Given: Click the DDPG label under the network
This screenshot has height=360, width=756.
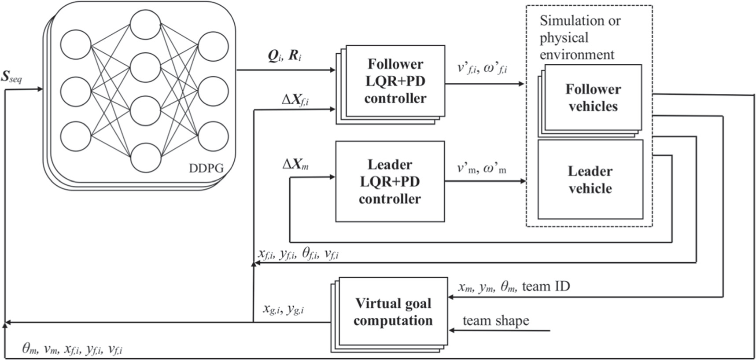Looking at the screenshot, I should click(206, 168).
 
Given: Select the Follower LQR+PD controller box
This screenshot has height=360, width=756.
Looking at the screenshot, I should click(395, 81).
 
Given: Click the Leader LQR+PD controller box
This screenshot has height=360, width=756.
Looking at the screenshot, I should click(390, 181).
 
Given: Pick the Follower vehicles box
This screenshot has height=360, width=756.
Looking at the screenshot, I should click(593, 98).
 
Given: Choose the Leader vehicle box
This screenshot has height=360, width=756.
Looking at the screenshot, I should click(590, 180).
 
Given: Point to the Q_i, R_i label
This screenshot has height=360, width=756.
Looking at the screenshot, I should click(285, 56).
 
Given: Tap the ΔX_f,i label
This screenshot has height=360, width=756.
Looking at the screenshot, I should click(295, 100).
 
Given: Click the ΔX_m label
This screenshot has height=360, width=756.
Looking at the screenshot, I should click(295, 165).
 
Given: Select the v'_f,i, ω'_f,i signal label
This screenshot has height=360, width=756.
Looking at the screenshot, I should click(482, 68).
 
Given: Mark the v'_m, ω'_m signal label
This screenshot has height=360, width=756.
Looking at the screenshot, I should click(481, 168).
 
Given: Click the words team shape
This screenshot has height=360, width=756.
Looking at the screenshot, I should click(495, 320).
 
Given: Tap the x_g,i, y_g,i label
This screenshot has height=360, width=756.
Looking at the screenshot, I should click(284, 309).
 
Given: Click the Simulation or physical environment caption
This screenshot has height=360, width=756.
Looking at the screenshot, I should click(579, 37).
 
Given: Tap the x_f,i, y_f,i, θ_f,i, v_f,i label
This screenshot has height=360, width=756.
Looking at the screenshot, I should click(298, 254).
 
